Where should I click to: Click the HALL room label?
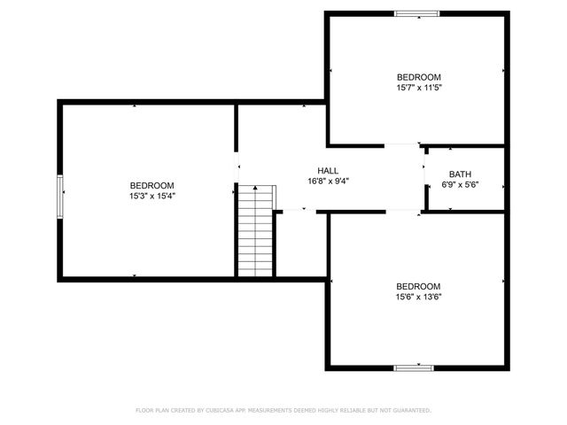pos(328,171)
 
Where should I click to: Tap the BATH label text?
pos(460,174)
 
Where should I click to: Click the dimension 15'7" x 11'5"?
pos(418,88)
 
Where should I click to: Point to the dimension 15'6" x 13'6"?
pos(418,297)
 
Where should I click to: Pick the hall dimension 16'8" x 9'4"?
pos(328,182)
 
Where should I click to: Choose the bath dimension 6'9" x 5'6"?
pos(460,185)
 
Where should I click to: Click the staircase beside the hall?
pos(255,232)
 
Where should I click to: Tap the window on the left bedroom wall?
pos(60,196)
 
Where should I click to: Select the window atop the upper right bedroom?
pos(416,13)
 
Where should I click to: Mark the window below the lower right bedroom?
pos(414,367)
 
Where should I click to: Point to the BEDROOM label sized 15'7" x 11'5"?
pos(418,77)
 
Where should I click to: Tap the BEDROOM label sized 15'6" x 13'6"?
pos(418,286)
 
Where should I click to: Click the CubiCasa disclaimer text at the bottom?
pos(283,411)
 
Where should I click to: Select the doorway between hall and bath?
pos(423,177)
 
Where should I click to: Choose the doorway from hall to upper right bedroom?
pos(400,144)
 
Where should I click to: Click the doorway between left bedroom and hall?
pos(237,166)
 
